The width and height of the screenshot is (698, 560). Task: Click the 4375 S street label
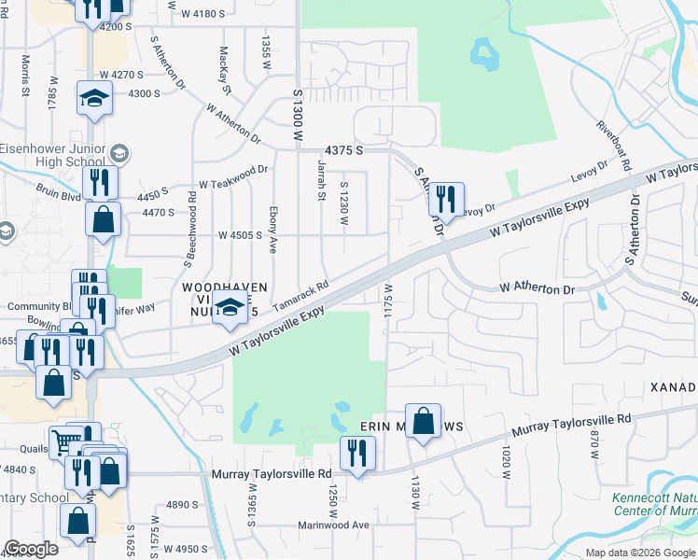coord(343,150)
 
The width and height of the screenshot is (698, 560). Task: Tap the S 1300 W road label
coord(299,116)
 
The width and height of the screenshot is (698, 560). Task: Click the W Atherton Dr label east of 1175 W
coord(536,288)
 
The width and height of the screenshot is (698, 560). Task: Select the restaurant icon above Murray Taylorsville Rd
coord(357,453)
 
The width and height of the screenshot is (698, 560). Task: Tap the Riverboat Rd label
coord(615,141)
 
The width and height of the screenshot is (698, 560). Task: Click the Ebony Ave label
coord(273,230)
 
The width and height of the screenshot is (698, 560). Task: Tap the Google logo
coord(31,549)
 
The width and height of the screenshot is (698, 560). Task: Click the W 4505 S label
coord(240,235)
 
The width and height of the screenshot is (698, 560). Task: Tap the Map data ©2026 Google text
coord(640,553)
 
